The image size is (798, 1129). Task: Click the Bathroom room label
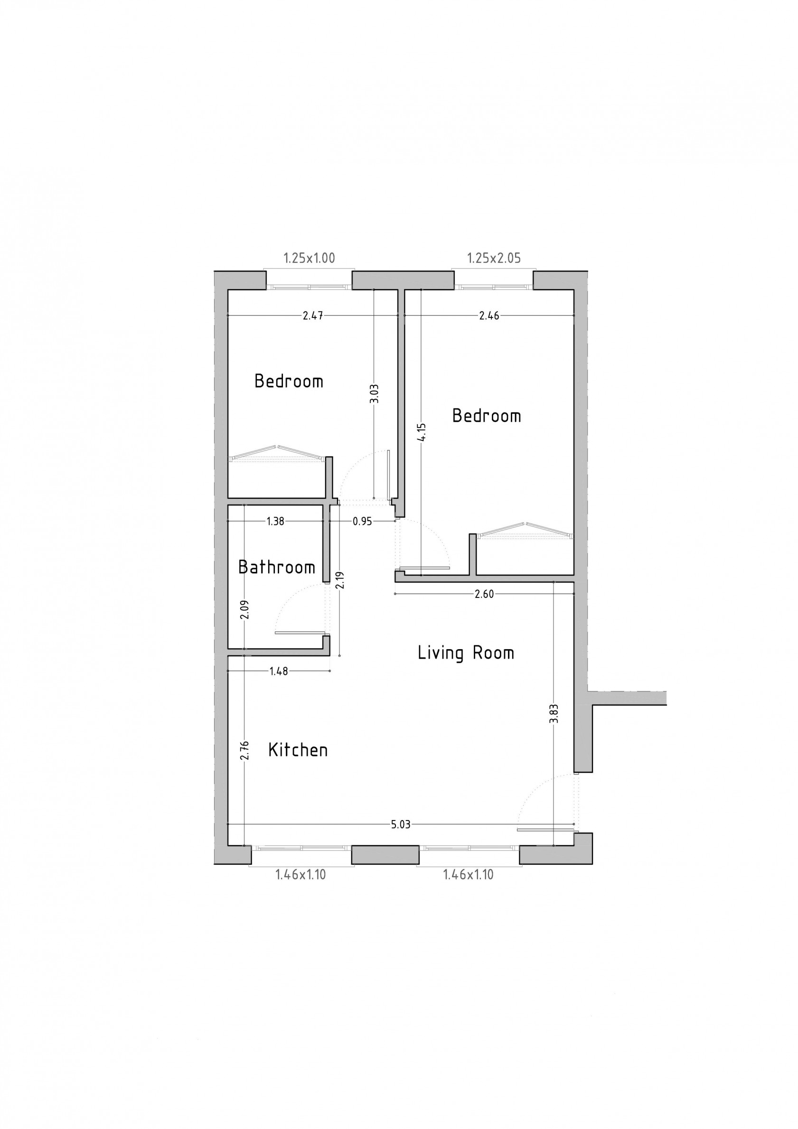point(276,568)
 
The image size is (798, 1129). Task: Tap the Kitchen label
point(298,750)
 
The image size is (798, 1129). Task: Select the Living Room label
point(465,653)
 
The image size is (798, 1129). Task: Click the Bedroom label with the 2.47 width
point(289,381)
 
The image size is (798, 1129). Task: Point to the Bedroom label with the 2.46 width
point(486,416)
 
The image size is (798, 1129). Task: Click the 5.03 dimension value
point(401,825)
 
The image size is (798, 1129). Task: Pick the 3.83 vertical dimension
point(554,713)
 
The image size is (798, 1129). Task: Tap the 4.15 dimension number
point(422,433)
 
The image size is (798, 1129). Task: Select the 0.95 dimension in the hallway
point(362,522)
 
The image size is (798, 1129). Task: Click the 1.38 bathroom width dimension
point(275,522)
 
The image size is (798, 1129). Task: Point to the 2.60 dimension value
point(484,594)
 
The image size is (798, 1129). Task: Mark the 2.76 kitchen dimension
point(244,750)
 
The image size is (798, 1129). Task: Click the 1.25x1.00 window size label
point(309,258)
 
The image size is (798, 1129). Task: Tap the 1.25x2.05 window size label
point(493,258)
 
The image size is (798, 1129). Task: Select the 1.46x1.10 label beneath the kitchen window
point(300,875)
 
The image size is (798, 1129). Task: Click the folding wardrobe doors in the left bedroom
point(276,453)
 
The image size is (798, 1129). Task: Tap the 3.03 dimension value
point(374,393)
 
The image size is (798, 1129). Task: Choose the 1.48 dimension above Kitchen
point(279,671)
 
